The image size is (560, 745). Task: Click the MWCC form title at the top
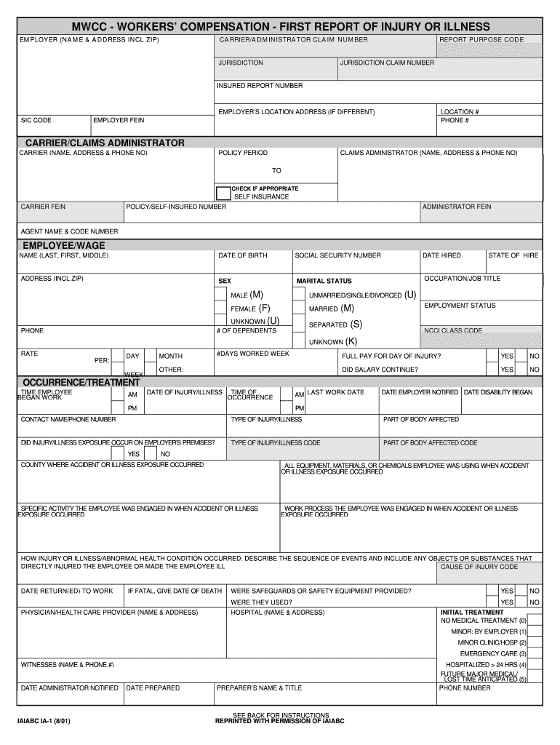pyautogui.click(x=280, y=26)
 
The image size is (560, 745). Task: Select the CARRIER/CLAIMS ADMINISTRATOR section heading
pyautogui.click(x=105, y=143)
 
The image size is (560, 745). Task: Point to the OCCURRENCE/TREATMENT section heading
pyautogui.click(x=81, y=382)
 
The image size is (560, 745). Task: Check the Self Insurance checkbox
pyautogui.click(x=223, y=193)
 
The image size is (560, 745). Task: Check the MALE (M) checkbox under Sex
pyautogui.click(x=220, y=295)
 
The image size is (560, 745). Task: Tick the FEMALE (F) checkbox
pyautogui.click(x=220, y=308)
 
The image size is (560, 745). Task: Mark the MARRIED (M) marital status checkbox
pyautogui.click(x=298, y=308)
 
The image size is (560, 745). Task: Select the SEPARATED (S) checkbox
pyautogui.click(x=298, y=324)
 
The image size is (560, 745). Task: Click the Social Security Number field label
pyautogui.click(x=337, y=256)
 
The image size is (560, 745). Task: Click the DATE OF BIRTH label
pyautogui.click(x=243, y=256)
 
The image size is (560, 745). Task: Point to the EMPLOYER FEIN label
pyautogui.click(x=119, y=120)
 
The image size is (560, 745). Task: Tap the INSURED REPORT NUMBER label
pyautogui.click(x=260, y=86)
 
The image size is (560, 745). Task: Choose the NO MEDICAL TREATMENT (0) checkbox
pyautogui.click(x=535, y=621)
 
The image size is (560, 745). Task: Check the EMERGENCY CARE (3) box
pyautogui.click(x=535, y=653)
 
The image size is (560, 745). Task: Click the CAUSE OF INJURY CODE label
pyautogui.click(x=479, y=567)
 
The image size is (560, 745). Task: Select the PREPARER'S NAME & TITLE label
pyautogui.click(x=259, y=688)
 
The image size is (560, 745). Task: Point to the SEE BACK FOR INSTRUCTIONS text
pyautogui.click(x=281, y=715)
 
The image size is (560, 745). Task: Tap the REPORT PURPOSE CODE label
pyautogui.click(x=481, y=39)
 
